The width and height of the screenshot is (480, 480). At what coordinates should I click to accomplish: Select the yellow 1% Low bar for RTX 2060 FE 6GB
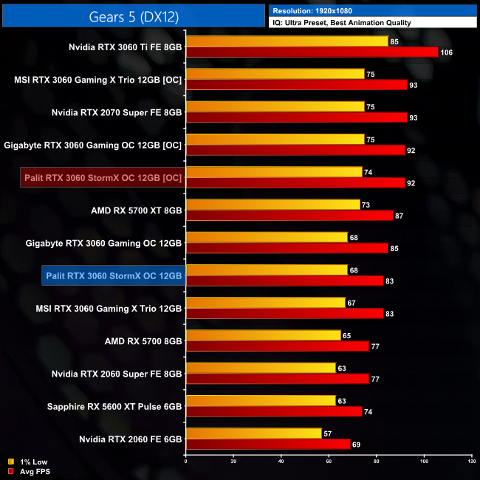pos(254,433)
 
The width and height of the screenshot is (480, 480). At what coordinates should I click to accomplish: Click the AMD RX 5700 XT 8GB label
pos(135,210)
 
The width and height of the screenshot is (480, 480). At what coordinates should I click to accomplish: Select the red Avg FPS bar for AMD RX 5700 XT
pos(289,215)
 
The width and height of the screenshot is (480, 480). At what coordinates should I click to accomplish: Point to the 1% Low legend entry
pos(30,462)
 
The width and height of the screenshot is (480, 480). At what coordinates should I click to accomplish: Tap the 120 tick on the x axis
pos(471,462)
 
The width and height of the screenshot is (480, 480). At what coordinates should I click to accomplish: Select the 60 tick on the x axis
pos(329,462)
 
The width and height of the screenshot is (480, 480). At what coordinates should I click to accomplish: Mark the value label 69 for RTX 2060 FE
pos(357,444)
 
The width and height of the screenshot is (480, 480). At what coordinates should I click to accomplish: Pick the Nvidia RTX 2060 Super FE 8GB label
pos(117,373)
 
